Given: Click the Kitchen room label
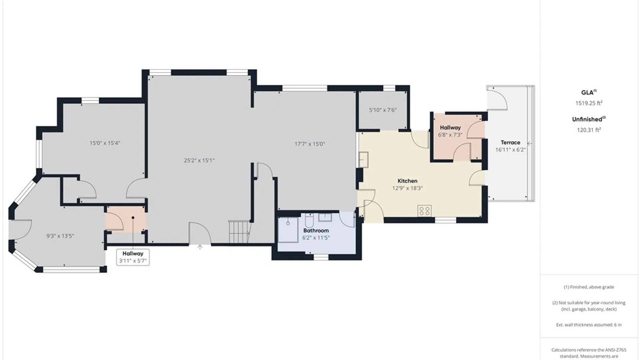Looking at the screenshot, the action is (407, 181).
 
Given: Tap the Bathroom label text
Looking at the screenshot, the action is (316, 230).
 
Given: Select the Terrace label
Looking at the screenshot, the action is (510, 142).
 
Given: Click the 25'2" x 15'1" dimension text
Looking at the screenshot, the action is (199, 160).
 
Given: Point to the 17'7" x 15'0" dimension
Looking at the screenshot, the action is (310, 144).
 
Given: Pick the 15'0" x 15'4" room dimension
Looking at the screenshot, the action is (105, 143).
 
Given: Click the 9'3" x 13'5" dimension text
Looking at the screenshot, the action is (60, 236).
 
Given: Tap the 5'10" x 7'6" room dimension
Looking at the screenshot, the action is (383, 110).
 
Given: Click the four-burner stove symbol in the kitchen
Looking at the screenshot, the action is (424, 211).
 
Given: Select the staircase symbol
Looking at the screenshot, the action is (239, 232).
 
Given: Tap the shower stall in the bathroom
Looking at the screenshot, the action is (288, 230).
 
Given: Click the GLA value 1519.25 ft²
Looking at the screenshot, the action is (589, 103).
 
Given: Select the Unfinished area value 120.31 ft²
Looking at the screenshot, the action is (589, 130).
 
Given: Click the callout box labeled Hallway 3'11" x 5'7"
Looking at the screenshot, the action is (133, 257).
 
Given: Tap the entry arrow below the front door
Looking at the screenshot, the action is (200, 247).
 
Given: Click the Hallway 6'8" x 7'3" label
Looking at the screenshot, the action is (450, 131).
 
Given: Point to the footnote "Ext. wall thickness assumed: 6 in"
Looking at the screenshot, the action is (589, 325).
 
